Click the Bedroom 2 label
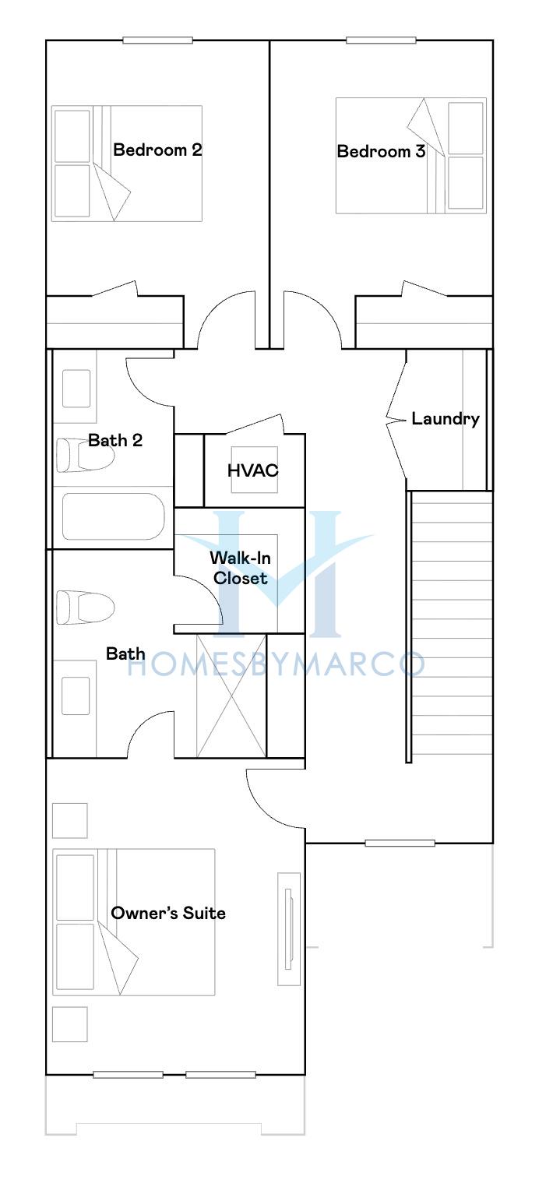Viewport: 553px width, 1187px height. tap(157, 150)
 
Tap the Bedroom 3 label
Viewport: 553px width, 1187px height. tap(381, 152)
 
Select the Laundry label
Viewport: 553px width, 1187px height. tap(446, 419)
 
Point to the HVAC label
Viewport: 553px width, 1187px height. tap(252, 470)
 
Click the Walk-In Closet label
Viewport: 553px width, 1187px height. tap(241, 568)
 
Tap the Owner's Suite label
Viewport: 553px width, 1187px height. tap(168, 913)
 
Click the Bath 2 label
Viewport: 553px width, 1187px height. tap(115, 440)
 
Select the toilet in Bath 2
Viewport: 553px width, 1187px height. tap(85, 455)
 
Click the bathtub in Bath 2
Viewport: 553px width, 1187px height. tap(114, 516)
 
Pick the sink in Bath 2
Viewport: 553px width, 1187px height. tap(76, 389)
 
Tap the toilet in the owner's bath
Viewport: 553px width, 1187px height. tap(85, 608)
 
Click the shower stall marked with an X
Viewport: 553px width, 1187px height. tap(231, 696)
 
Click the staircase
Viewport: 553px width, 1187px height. tap(452, 623)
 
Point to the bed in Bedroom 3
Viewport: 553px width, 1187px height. tap(411, 155)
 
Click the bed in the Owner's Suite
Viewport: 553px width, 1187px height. tap(133, 922)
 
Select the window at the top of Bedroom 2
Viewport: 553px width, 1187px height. tap(157, 41)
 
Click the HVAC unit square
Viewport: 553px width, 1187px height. tap(254, 470)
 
